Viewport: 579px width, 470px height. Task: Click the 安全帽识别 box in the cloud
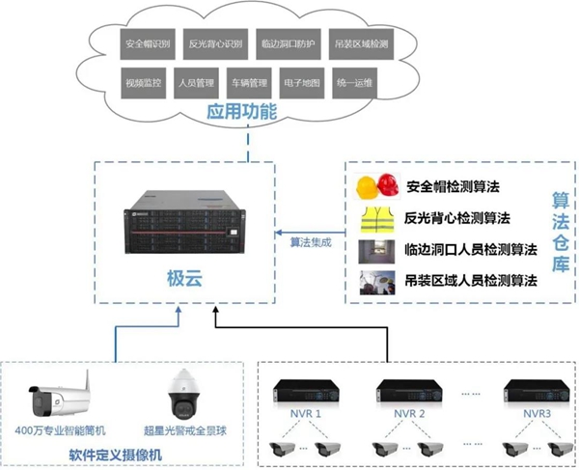click(x=147, y=44)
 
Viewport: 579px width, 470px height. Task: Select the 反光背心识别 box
click(x=214, y=44)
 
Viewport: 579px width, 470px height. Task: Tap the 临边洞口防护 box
click(x=285, y=44)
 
